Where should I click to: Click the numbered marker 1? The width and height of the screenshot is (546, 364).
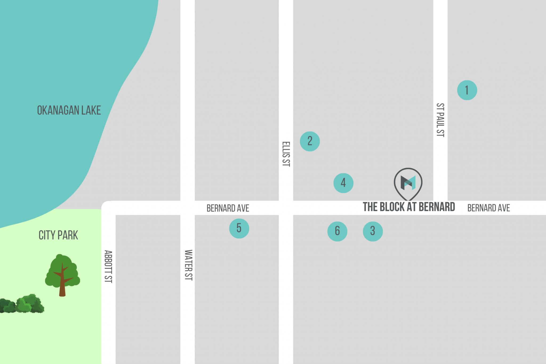coord(467,90)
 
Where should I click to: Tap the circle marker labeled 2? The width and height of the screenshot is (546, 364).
coord(310,141)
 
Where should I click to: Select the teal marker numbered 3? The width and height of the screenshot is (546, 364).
coord(373,231)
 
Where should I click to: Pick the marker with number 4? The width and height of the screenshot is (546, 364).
coord(343,183)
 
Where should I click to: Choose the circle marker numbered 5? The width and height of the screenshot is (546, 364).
coord(239,229)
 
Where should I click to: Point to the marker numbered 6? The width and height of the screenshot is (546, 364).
coord(337,231)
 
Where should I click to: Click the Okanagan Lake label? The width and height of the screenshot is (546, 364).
coord(69,110)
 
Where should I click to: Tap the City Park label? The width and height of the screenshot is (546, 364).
coord(58,235)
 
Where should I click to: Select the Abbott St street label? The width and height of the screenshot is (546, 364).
coord(108,266)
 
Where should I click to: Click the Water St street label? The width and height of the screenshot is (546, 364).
coord(188,265)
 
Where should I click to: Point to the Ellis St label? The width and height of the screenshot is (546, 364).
coord(286,154)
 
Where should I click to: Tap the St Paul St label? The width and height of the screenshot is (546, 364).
coord(440,120)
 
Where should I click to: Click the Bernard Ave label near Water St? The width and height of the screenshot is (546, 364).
coord(228,208)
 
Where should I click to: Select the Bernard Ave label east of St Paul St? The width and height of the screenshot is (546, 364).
coord(488,208)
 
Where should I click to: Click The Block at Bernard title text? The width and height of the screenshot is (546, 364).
coord(409,207)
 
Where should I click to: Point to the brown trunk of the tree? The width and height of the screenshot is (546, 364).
coord(62,288)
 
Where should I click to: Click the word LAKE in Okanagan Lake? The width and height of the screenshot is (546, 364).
coord(91,110)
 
